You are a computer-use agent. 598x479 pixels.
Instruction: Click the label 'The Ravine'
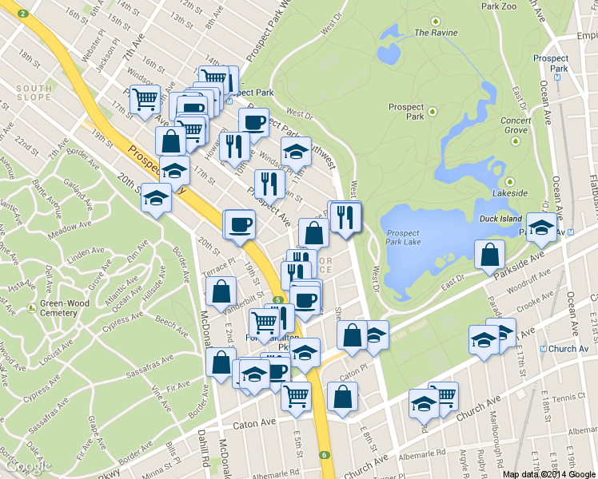click(x=436, y=33)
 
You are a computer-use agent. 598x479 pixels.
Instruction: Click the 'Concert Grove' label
click(x=515, y=125)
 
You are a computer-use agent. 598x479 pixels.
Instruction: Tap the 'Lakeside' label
click(x=510, y=193)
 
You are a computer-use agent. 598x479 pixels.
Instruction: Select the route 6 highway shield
click(x=325, y=455)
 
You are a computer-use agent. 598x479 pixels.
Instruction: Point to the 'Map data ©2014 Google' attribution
click(x=549, y=473)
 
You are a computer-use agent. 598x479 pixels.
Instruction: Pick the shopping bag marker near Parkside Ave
click(x=489, y=256)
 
